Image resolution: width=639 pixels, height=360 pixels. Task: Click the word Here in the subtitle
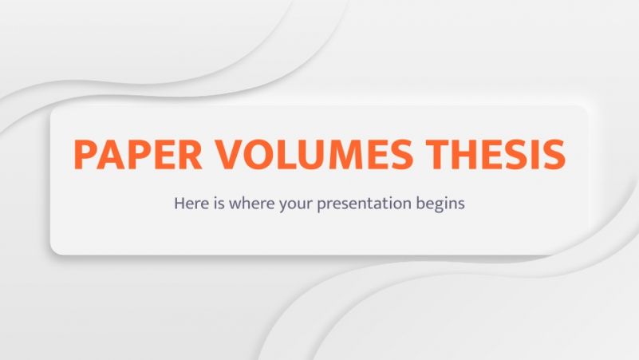(x=190, y=203)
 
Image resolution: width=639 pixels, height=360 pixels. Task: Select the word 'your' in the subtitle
(x=296, y=204)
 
